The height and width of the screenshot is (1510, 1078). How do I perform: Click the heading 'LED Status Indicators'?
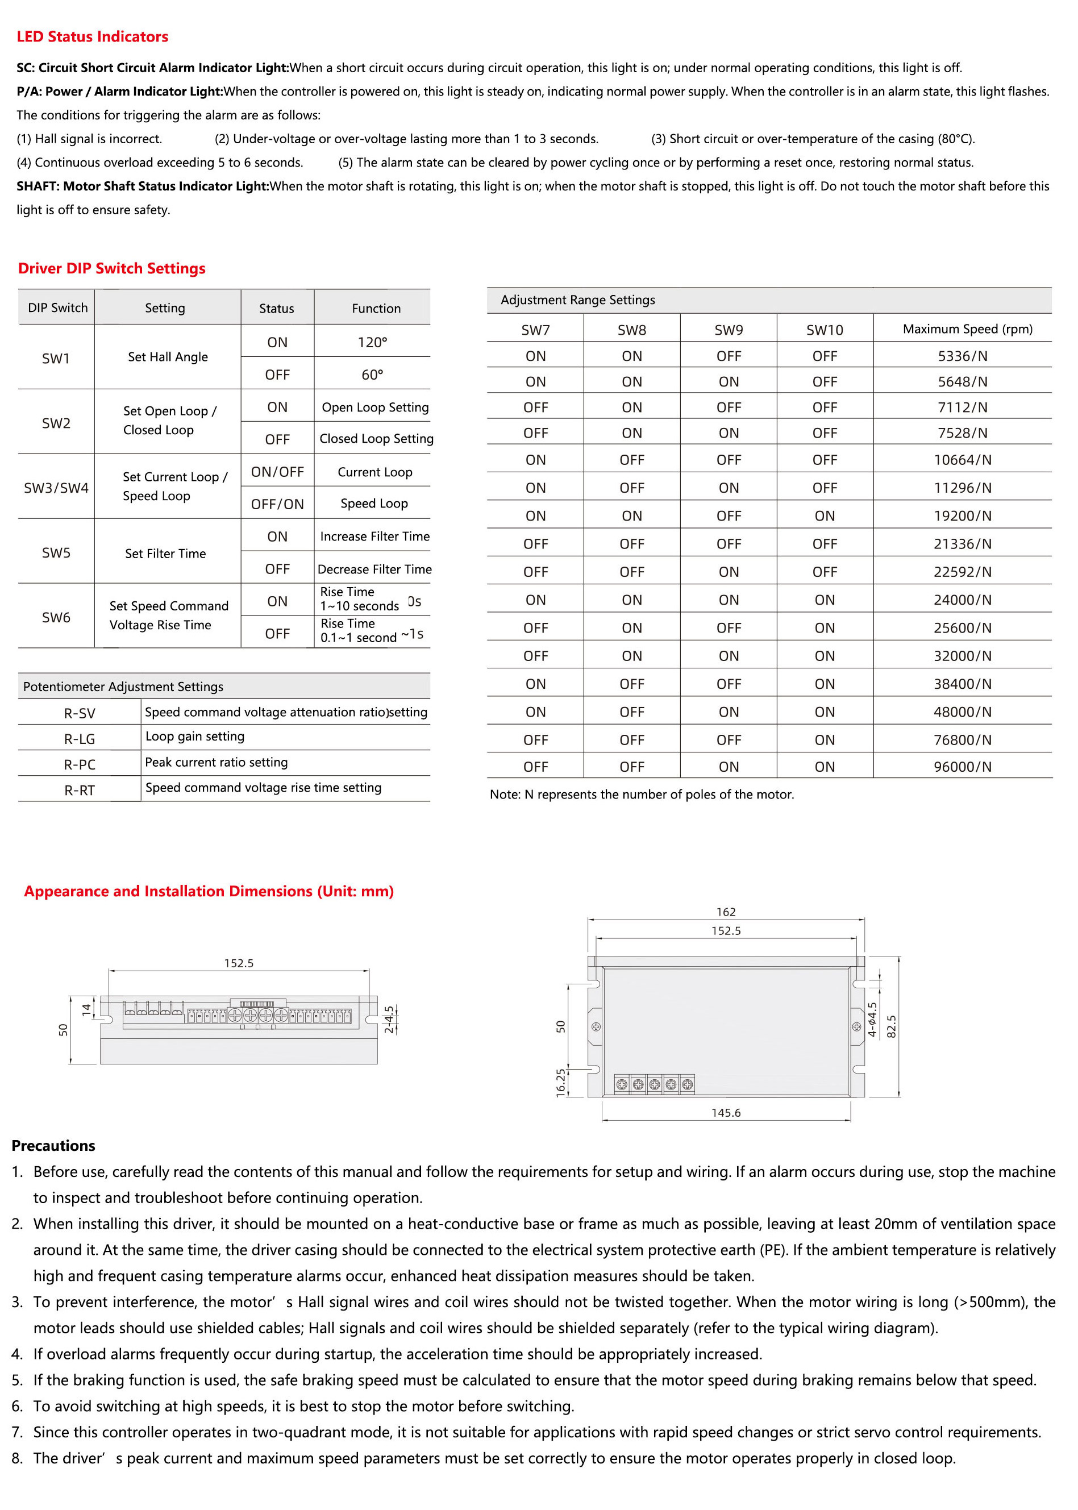(92, 37)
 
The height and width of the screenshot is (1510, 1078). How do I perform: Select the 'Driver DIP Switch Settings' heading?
(111, 269)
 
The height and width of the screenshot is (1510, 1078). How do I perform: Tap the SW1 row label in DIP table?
(56, 359)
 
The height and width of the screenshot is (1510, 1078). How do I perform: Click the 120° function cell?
(372, 343)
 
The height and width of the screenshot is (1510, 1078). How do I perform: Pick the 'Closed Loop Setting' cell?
(376, 439)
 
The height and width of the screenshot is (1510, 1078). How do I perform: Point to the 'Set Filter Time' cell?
(165, 554)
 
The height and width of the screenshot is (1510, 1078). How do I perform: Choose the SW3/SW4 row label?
(56, 488)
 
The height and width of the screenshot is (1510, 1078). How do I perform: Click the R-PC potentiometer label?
(79, 764)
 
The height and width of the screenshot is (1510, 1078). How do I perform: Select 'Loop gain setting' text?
(194, 737)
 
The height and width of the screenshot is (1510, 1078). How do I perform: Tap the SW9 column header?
(728, 330)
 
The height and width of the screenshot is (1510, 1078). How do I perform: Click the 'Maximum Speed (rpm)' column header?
(967, 329)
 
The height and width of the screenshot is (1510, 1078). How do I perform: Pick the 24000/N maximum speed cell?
(962, 600)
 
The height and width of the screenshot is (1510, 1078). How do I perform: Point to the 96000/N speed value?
(962, 767)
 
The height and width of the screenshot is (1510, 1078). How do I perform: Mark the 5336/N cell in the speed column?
(962, 356)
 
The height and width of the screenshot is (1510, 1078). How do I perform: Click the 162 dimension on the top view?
(726, 912)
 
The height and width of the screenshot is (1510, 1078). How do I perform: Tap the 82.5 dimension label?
(892, 1026)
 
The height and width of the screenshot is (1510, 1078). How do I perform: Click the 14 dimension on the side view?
(86, 1009)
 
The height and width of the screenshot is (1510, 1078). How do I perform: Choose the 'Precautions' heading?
(53, 1146)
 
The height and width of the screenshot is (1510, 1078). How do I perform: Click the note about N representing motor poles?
(641, 794)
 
